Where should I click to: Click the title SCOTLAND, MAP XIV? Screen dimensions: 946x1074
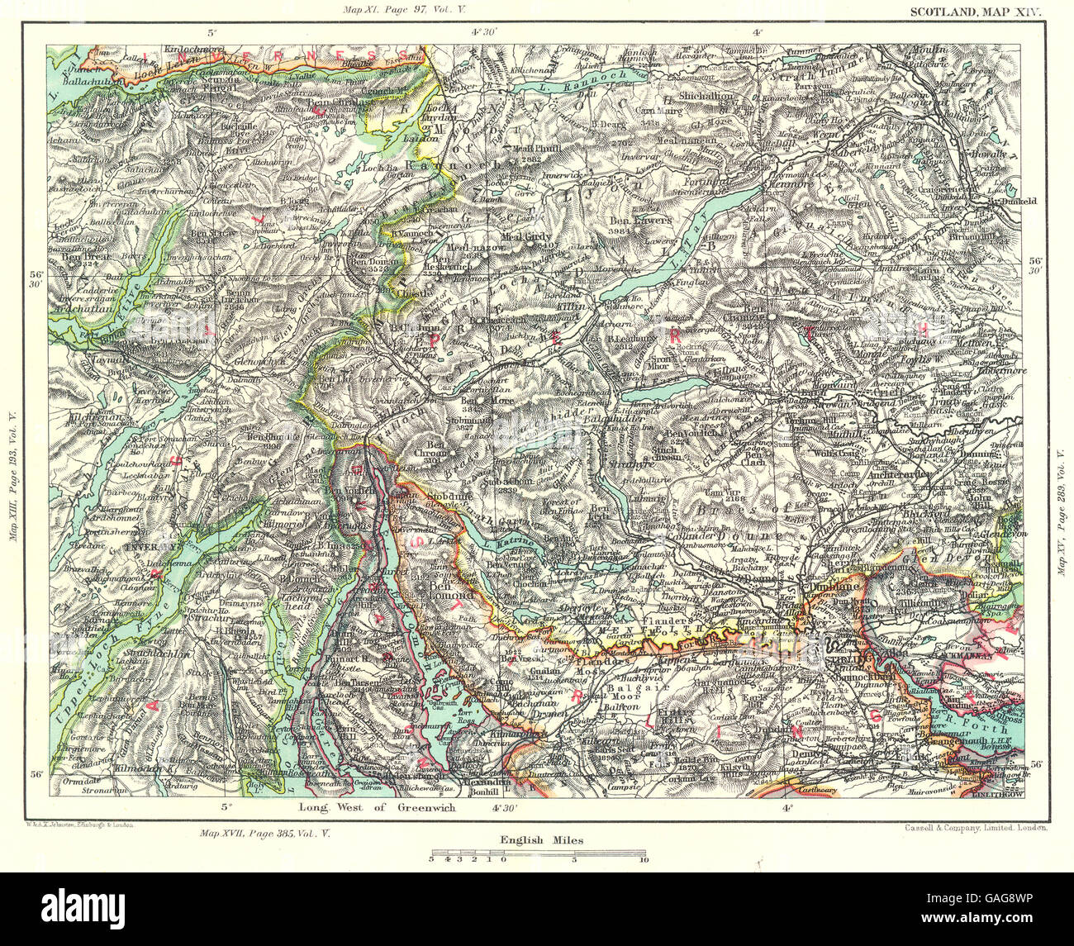point(977,12)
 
